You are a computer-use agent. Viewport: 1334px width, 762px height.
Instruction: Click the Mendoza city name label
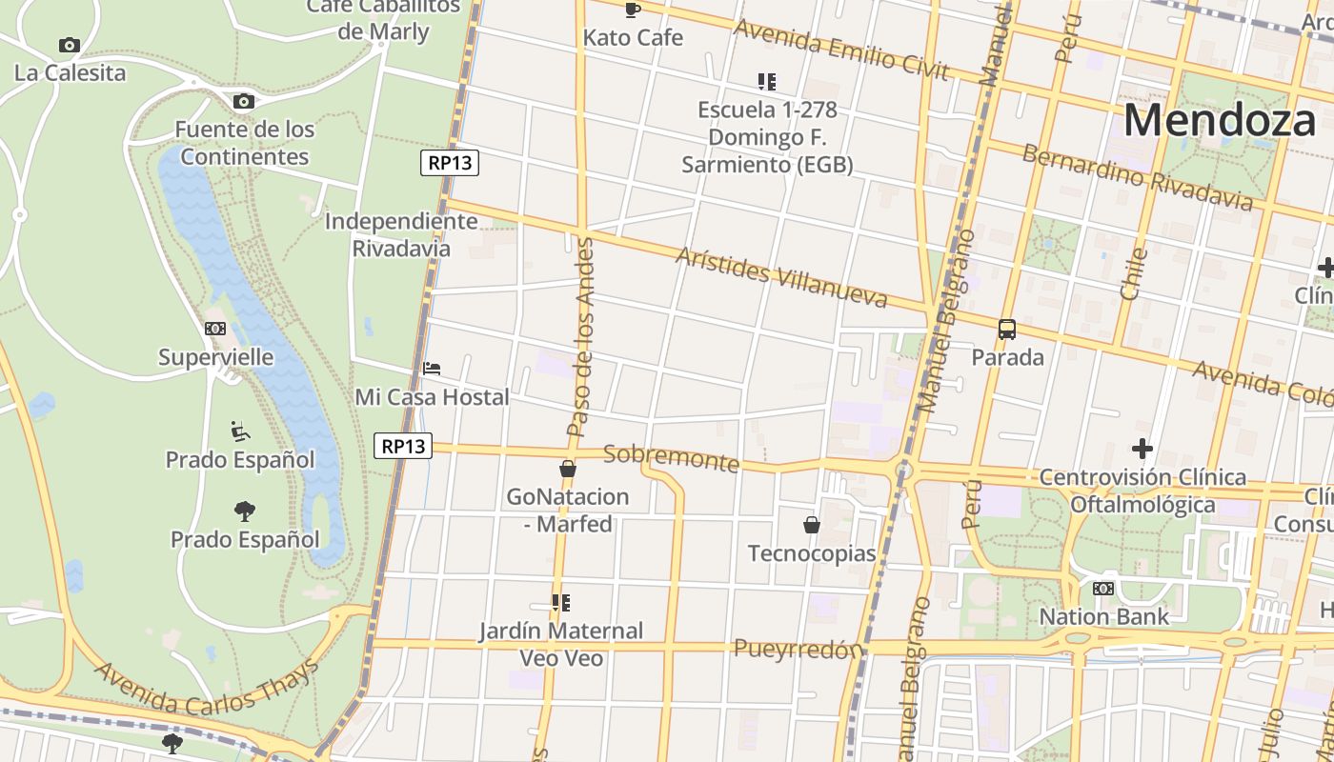click(x=1219, y=121)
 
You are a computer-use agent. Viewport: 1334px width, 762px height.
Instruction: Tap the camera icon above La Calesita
click(x=69, y=45)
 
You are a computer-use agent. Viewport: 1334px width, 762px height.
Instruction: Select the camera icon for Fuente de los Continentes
click(x=243, y=101)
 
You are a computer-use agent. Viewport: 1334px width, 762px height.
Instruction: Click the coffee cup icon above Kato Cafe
click(x=632, y=10)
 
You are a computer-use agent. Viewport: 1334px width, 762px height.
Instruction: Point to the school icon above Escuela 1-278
click(x=766, y=82)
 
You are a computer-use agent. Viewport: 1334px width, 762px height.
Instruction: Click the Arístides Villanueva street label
click(x=781, y=277)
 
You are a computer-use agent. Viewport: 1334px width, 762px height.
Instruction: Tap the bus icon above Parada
click(x=1006, y=330)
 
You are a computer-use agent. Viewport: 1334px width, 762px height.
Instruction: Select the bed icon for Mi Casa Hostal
click(x=432, y=369)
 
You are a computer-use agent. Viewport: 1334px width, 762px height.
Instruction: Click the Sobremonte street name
click(x=671, y=458)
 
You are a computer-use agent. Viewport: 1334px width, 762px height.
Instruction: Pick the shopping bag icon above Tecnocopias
click(x=811, y=525)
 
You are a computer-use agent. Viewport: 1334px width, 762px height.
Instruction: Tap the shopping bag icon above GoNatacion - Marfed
click(x=568, y=469)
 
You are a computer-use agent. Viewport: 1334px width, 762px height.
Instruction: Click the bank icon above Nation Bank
click(x=1102, y=589)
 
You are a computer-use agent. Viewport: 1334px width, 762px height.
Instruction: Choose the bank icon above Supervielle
click(x=215, y=329)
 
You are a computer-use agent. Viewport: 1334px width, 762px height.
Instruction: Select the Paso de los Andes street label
click(x=580, y=338)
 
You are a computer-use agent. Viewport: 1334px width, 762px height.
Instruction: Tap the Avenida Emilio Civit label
click(x=841, y=50)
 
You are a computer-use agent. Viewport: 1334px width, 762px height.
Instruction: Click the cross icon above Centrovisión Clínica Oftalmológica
click(x=1142, y=448)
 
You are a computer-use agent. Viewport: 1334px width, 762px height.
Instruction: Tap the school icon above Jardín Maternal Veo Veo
click(x=561, y=603)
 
